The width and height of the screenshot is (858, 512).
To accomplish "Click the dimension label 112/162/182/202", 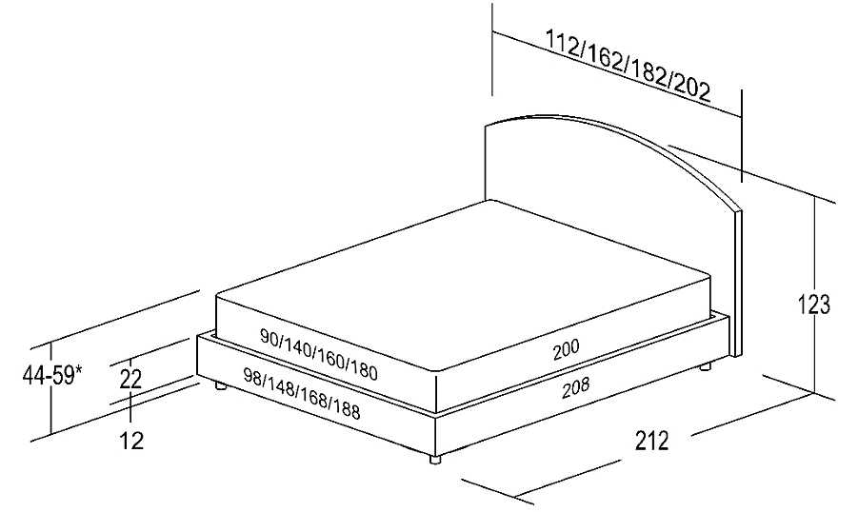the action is pos(629,66).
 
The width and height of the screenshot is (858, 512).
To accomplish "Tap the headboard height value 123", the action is pos(813,305).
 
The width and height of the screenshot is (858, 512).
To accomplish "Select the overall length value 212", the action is pos(651,441).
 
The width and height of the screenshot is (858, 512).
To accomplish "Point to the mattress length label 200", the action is pos(566,349).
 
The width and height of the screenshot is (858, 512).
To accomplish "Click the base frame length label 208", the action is pos(575,387).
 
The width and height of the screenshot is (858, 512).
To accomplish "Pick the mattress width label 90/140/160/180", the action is pos(318,354).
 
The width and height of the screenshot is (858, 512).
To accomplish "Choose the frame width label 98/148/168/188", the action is pos(302,393).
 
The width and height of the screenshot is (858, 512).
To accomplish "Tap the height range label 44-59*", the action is pos(52,375).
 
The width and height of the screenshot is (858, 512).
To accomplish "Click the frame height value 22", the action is pos(130,379).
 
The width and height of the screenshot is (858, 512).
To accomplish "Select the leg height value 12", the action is pos(131,441).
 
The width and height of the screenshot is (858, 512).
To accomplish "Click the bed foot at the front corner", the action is pos(435,459).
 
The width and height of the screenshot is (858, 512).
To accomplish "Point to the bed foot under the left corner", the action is pos(221,385).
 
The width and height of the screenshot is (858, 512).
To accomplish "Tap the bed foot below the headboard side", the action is pos(706,366).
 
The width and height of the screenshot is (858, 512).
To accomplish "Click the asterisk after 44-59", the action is pos(79,370).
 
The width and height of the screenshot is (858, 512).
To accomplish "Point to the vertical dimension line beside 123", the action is pos(815,295).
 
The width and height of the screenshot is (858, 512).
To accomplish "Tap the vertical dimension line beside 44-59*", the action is pos(50,388).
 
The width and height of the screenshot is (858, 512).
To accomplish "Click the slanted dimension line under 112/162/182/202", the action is pos(617,74).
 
